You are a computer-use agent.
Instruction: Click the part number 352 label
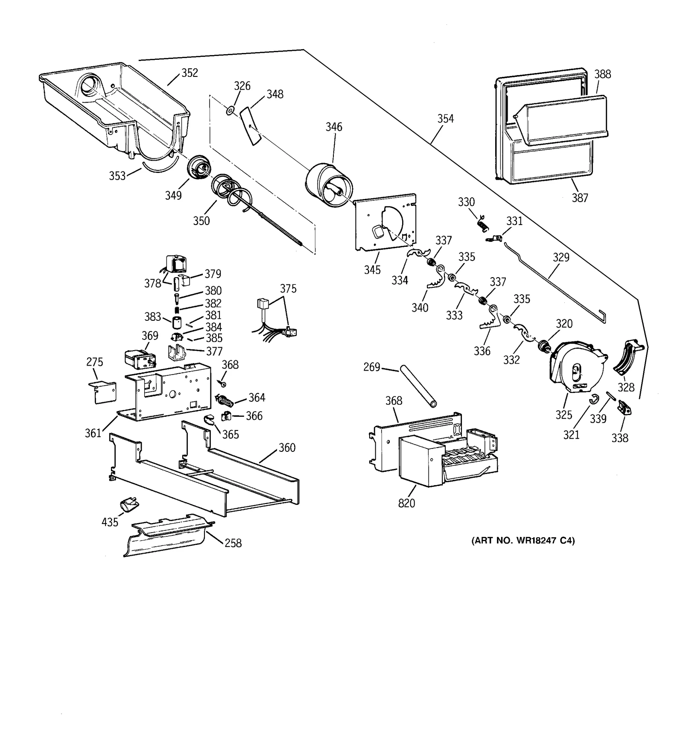point(190,73)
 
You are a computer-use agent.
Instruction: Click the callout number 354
point(445,119)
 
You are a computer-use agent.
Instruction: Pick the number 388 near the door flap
point(602,74)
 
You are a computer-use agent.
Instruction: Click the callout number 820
point(406,503)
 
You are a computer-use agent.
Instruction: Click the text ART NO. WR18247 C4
point(523,541)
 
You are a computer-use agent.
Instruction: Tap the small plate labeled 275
point(105,392)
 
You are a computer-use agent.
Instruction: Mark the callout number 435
point(110,522)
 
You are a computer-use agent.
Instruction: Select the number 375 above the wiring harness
point(288,289)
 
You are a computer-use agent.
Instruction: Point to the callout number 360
point(287,448)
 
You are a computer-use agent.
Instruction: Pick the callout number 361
point(93,433)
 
